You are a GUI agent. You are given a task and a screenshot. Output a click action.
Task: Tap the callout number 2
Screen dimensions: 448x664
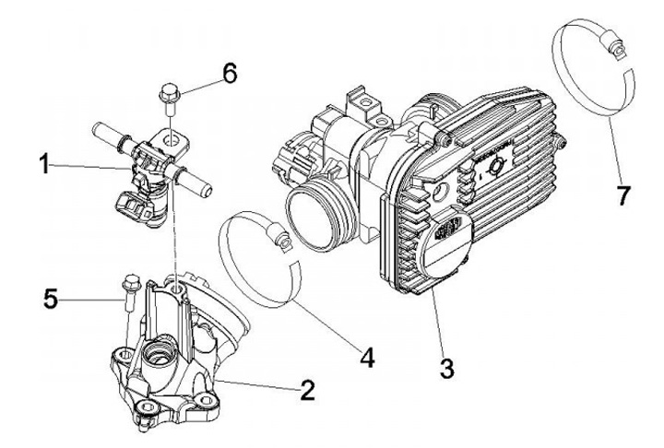pyautogui.click(x=304, y=390)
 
